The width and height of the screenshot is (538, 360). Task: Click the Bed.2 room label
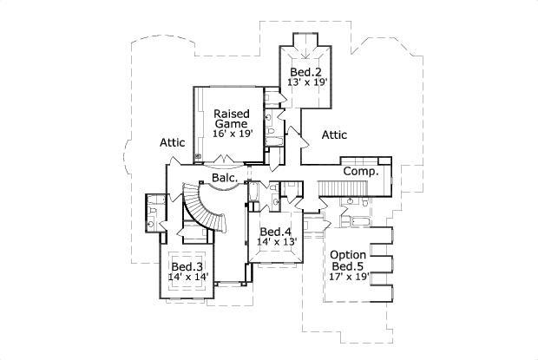coord(306,71)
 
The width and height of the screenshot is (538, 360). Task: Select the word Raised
coord(232,114)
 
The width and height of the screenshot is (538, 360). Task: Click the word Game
coord(232,124)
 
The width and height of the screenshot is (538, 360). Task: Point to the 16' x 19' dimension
coord(232,134)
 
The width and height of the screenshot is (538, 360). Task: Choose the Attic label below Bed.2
coord(335,134)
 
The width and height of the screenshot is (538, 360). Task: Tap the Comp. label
coord(360,172)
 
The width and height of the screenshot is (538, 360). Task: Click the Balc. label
coord(226,179)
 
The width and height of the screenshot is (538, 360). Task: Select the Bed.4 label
coord(275,232)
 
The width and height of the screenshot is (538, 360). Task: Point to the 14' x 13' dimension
coord(275,242)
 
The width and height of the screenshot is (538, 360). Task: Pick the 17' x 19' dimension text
coord(349,278)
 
